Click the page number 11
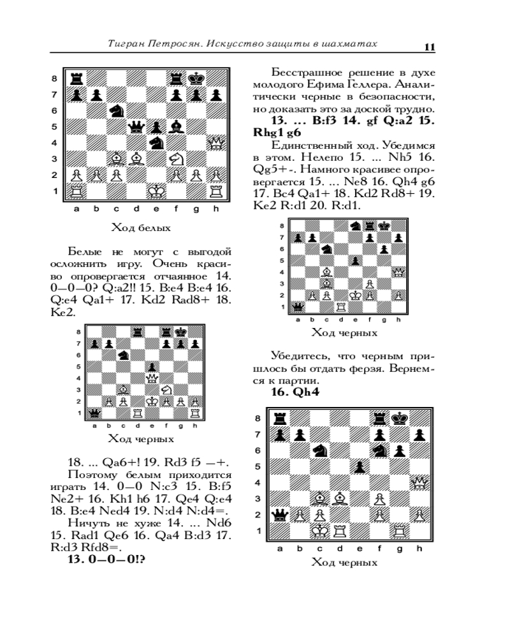(430, 47)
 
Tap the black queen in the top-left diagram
(136, 128)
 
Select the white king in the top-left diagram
(156, 191)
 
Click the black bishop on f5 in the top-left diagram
(176, 126)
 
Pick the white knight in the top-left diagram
(176, 159)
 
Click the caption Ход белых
(141, 228)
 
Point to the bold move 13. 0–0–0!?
(106, 559)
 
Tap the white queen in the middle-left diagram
(152, 378)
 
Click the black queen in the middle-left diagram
(95, 413)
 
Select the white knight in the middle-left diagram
(166, 390)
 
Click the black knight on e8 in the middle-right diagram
(356, 226)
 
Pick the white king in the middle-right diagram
(356, 295)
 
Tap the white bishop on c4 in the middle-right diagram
(326, 272)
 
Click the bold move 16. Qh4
(295, 392)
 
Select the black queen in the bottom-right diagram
(279, 515)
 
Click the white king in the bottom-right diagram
(319, 531)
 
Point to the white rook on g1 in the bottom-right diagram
(399, 531)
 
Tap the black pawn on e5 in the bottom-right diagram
(359, 467)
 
